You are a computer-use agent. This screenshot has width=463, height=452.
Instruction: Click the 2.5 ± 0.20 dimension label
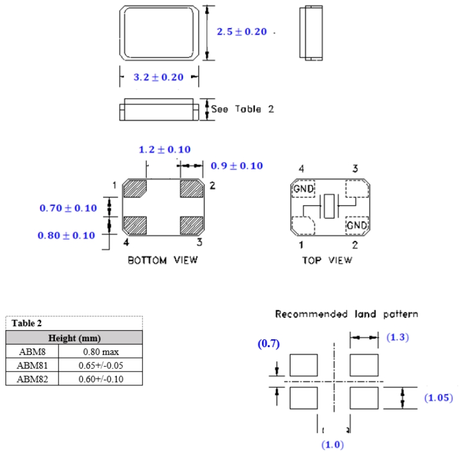tap(242, 32)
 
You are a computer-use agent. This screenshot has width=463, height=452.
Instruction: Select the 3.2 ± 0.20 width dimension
tap(158, 78)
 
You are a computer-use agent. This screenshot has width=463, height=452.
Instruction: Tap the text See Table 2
tap(242, 109)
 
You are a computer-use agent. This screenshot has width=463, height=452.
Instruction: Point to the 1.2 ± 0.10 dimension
tap(165, 150)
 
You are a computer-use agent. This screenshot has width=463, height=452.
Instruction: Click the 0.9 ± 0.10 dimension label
tap(237, 166)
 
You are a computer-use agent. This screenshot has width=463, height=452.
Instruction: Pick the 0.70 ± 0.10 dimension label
tap(68, 208)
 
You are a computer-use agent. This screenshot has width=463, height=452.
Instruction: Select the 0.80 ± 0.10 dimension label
tap(66, 236)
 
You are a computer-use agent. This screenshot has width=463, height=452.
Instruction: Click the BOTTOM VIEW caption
tap(162, 260)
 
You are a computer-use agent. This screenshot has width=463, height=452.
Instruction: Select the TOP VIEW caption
tap(327, 260)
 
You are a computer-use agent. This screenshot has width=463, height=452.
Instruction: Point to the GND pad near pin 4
tap(303, 190)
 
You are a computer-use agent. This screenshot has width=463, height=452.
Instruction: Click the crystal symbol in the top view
tap(329, 206)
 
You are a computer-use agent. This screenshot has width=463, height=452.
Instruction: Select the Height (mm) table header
tap(75, 338)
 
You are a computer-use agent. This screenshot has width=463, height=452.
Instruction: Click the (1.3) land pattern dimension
tap(397, 338)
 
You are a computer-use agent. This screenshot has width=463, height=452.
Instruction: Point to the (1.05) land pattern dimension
tap(439, 398)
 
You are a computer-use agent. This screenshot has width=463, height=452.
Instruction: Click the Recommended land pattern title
tap(347, 314)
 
